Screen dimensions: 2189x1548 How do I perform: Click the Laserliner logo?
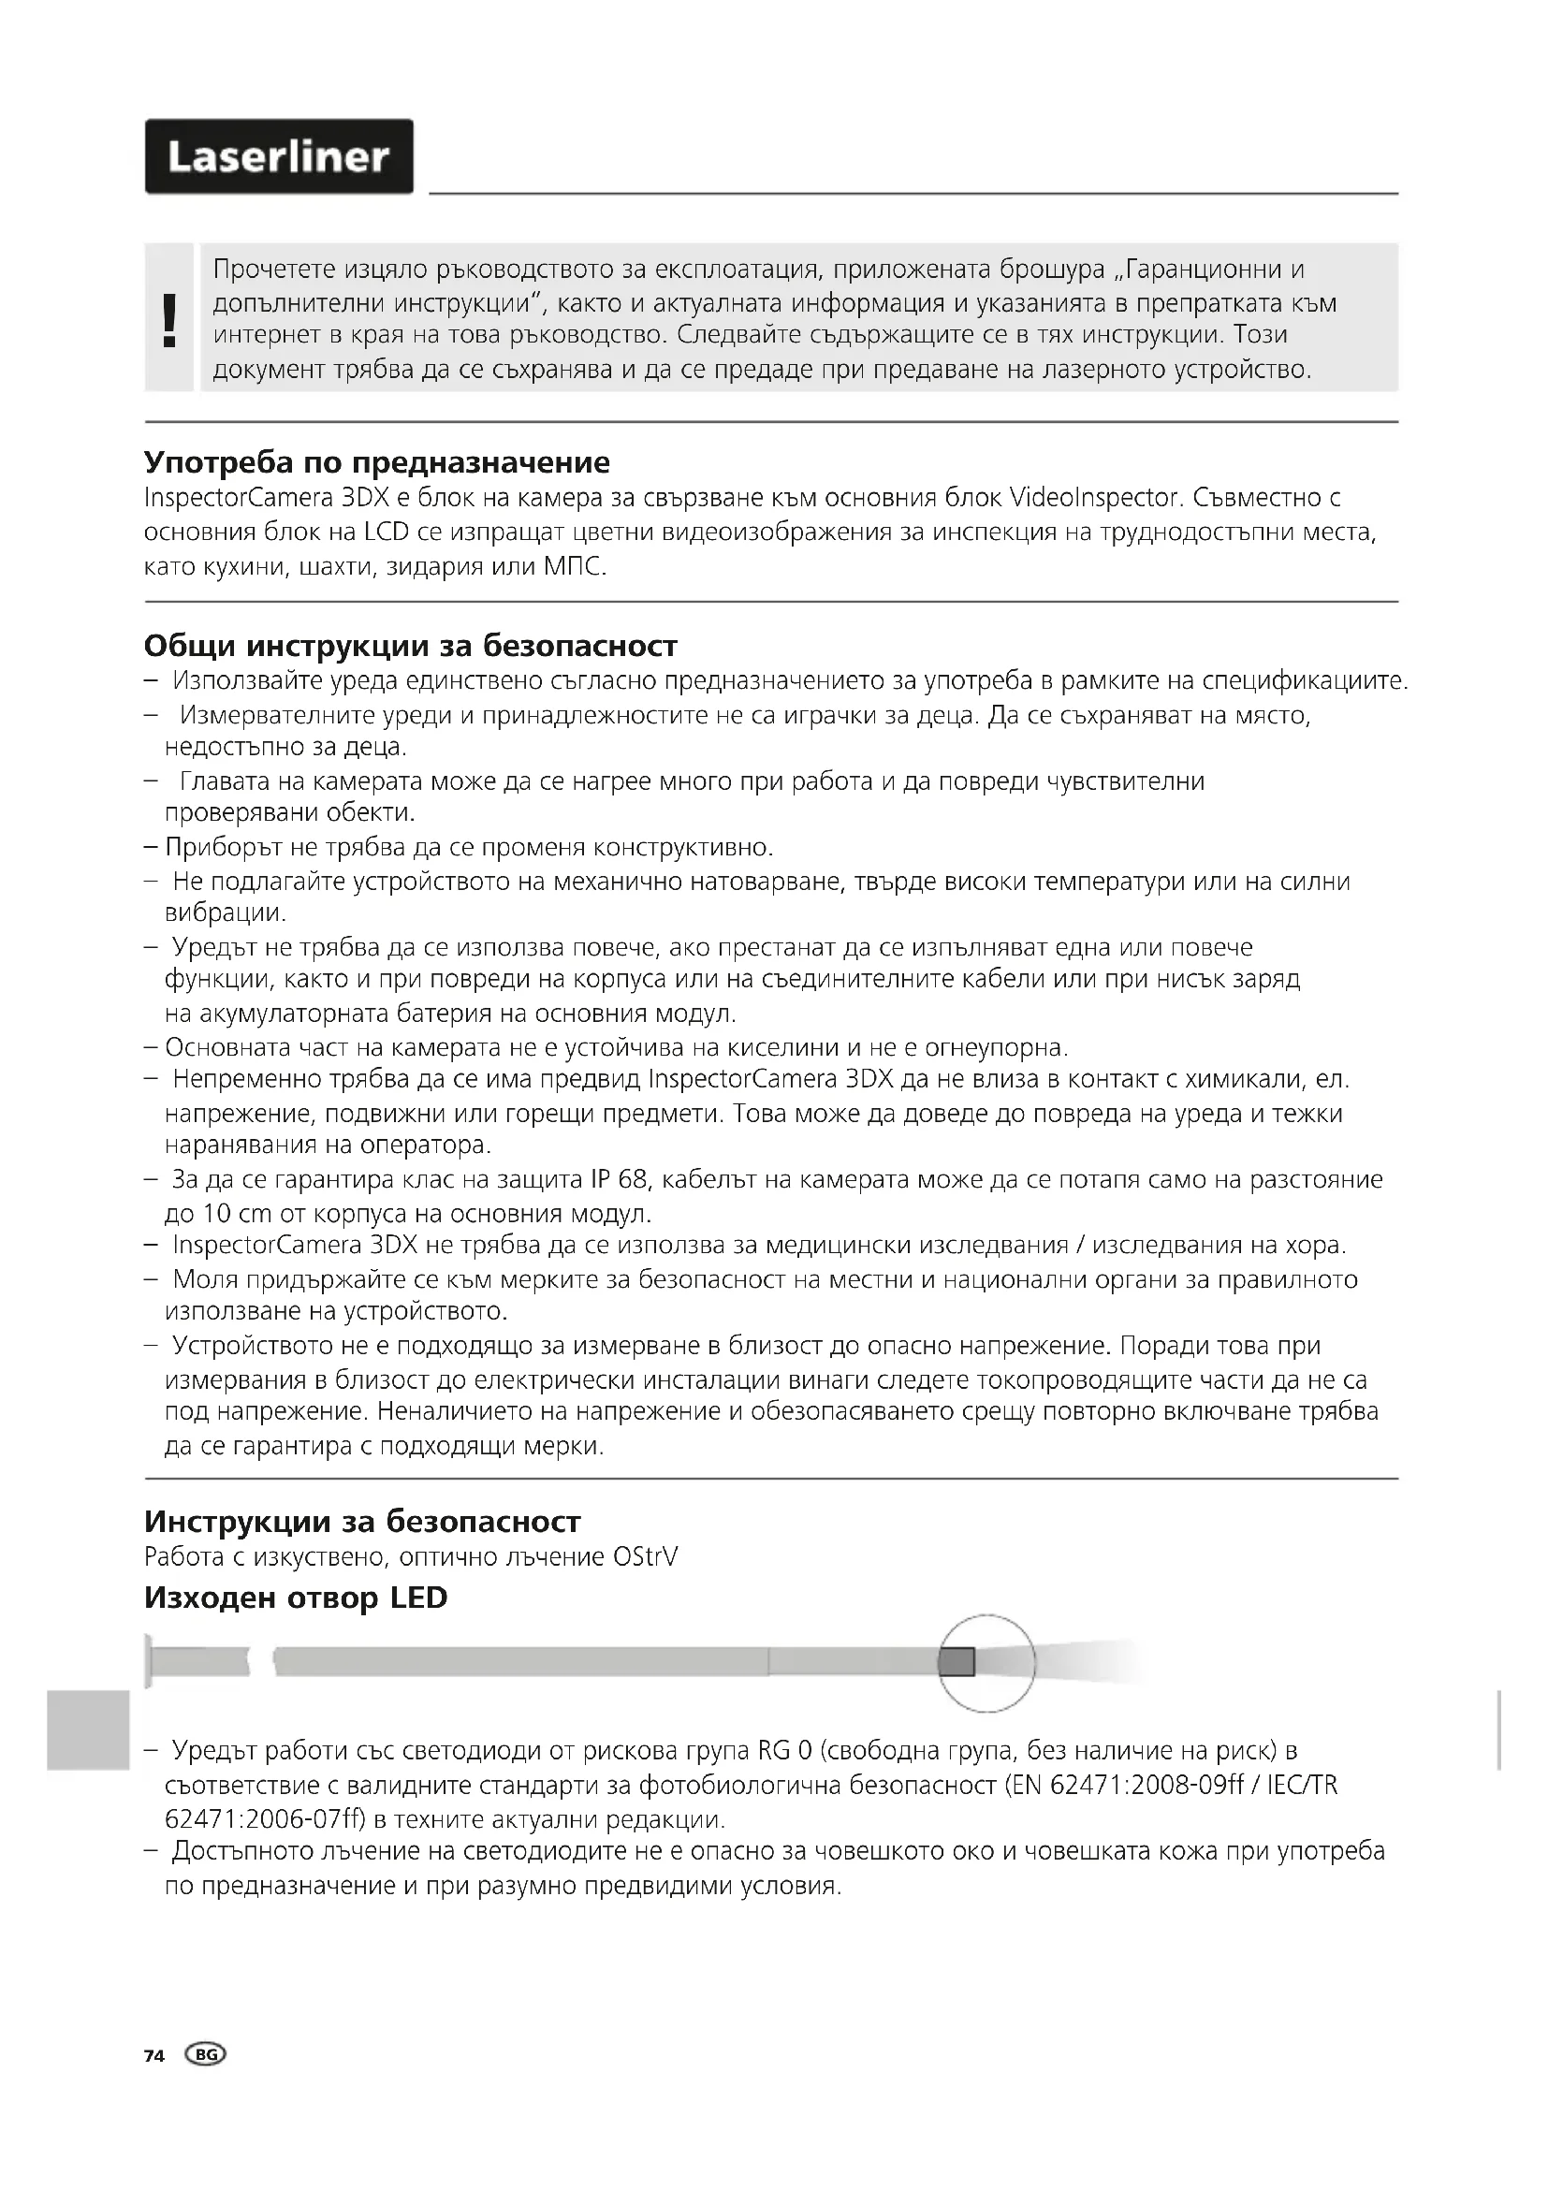[x=278, y=156]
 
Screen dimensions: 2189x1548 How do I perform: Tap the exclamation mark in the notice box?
[x=169, y=319]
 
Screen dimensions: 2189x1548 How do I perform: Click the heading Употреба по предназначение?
[x=376, y=462]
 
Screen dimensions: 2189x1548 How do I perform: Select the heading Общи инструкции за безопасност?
[x=410, y=646]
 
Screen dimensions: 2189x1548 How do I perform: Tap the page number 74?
[x=154, y=2055]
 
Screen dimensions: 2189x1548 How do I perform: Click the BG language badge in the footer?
[x=206, y=2054]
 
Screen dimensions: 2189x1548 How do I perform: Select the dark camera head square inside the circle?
[x=957, y=1662]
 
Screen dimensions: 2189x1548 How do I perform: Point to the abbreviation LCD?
[x=385, y=531]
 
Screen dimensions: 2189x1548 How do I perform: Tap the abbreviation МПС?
[x=574, y=566]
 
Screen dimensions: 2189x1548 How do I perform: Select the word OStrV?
[x=646, y=1557]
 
